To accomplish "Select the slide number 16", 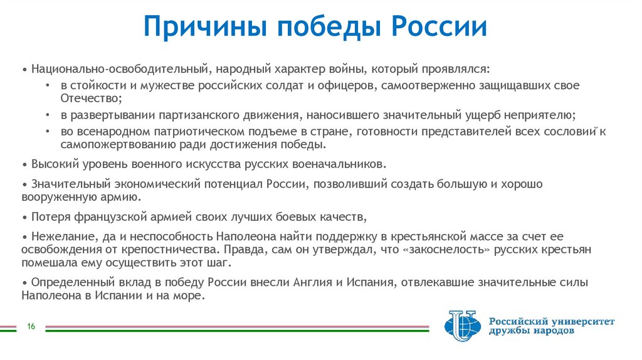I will point(30,326).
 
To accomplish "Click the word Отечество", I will point(90,98).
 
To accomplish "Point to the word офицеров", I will point(344,85).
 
